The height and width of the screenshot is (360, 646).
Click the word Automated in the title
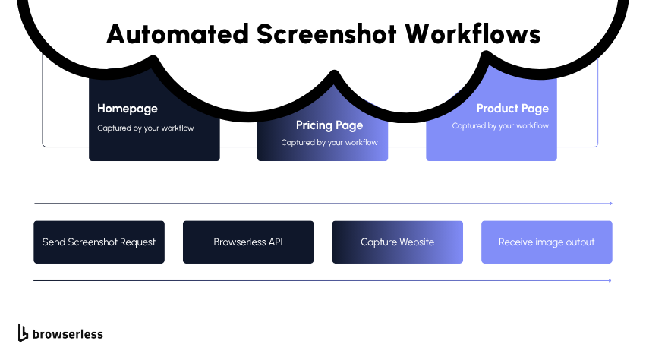176,34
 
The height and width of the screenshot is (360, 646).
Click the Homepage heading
128,109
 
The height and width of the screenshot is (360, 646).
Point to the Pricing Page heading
329,125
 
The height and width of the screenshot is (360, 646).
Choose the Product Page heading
512,109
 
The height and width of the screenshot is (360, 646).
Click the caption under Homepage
146,128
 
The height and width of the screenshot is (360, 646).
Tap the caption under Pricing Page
329,143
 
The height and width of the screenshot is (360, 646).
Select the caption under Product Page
500,126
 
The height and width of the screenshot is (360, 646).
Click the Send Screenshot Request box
99,242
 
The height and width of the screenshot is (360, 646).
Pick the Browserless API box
248,242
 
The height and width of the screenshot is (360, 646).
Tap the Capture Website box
397,242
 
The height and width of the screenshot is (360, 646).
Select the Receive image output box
547,242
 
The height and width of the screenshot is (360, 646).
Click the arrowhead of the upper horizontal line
610,204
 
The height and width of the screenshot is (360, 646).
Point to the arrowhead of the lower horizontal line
610,281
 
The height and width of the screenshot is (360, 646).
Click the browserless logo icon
23,333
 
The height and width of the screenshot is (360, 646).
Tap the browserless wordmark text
67,334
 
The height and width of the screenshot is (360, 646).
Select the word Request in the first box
137,242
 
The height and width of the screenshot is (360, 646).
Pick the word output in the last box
578,242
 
